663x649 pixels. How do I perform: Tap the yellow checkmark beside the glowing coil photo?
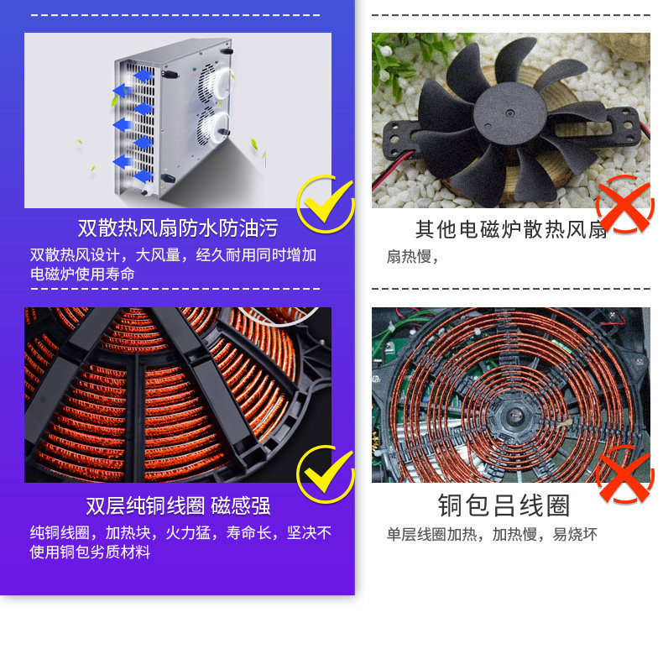click(325, 474)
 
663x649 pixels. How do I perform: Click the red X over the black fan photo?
click(625, 204)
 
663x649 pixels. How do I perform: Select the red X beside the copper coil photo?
click(625, 474)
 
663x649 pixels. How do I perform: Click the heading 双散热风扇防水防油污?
click(178, 228)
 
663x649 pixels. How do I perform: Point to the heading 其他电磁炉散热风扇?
click(511, 230)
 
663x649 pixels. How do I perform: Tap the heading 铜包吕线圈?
click(504, 505)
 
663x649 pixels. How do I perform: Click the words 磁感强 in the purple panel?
click(241, 505)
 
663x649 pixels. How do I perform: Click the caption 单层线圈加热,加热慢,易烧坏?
click(492, 534)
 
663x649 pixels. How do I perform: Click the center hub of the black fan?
click(510, 113)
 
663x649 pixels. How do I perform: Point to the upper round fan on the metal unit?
click(216, 82)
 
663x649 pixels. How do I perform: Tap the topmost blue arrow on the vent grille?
click(144, 76)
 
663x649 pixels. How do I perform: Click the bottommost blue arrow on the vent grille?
click(143, 175)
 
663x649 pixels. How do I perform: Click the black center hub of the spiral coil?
click(514, 416)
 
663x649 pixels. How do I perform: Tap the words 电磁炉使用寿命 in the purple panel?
click(82, 275)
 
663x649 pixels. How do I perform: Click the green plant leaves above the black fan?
click(399, 60)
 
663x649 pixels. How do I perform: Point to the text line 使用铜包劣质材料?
click(90, 552)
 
